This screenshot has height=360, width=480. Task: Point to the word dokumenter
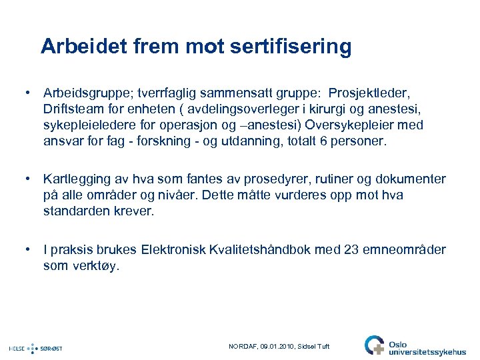[x=409, y=179]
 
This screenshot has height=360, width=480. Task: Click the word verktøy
[x=96, y=266]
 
